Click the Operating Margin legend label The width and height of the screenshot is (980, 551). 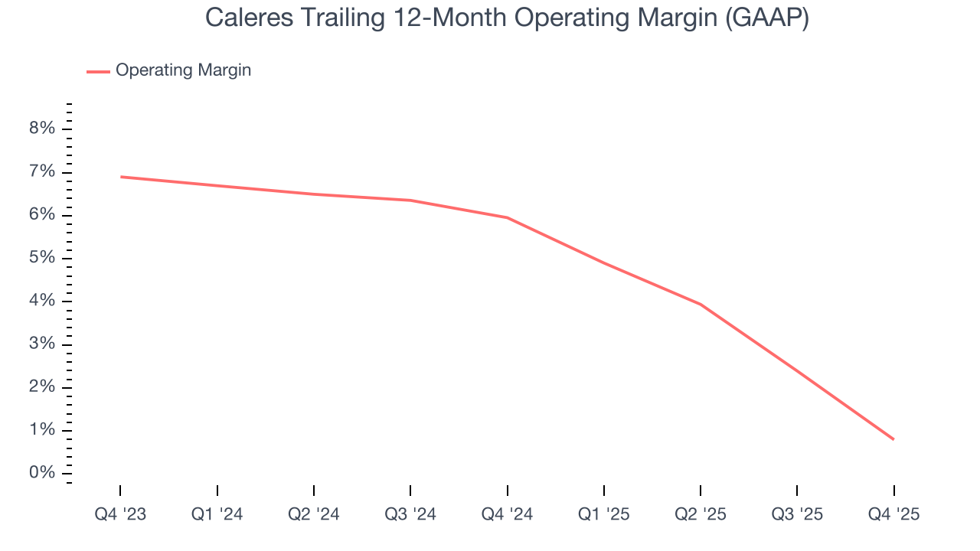click(183, 70)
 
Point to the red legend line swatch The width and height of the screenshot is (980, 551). click(98, 71)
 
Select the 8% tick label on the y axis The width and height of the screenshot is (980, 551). click(42, 129)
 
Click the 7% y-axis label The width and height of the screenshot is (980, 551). click(42, 171)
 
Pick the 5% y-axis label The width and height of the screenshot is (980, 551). click(42, 258)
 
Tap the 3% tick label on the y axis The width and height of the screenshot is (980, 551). click(42, 344)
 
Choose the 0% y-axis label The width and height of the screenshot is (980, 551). click(42, 473)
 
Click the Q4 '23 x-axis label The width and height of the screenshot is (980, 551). click(120, 514)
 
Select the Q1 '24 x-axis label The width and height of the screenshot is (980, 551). click(217, 514)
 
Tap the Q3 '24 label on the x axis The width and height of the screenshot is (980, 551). click(410, 514)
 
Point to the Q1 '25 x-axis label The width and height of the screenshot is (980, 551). click(604, 514)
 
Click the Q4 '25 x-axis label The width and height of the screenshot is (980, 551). click(893, 514)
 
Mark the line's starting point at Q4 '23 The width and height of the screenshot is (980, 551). click(121, 177)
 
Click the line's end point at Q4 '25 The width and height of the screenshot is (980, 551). click(893, 439)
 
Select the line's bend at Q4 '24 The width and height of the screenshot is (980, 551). click(507, 217)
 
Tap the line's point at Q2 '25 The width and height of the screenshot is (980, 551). click(701, 305)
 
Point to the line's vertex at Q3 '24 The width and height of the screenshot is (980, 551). click(410, 201)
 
